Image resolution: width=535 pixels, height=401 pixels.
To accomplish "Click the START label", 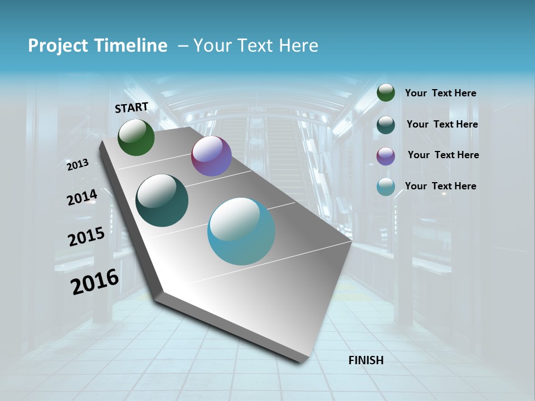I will [132, 107].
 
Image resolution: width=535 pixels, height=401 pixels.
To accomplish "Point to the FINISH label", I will [366, 360].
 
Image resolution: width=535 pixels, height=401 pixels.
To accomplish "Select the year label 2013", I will [77, 165].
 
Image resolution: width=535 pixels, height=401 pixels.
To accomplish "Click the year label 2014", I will [82, 198].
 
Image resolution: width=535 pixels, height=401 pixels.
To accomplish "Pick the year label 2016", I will [95, 282].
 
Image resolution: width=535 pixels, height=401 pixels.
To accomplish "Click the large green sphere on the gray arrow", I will [136, 138].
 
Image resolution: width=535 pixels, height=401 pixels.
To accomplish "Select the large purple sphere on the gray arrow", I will [211, 156].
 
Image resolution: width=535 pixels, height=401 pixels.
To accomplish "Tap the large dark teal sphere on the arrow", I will [162, 200].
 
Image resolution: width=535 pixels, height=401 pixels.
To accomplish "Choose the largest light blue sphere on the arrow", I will [241, 231].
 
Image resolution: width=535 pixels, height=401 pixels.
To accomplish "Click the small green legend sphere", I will [386, 93].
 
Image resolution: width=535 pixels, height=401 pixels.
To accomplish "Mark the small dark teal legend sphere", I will [386, 125].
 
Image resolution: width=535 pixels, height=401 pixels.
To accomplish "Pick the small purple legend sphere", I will [386, 156].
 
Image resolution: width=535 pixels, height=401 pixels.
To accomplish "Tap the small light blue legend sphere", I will [386, 187].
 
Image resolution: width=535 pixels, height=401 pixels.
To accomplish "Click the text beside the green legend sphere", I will [440, 94].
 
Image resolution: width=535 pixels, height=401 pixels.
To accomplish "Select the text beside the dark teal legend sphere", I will [442, 124].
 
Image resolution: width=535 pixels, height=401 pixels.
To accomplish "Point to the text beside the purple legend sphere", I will [443, 155].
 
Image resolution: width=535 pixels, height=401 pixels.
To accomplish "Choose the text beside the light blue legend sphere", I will [440, 186].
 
